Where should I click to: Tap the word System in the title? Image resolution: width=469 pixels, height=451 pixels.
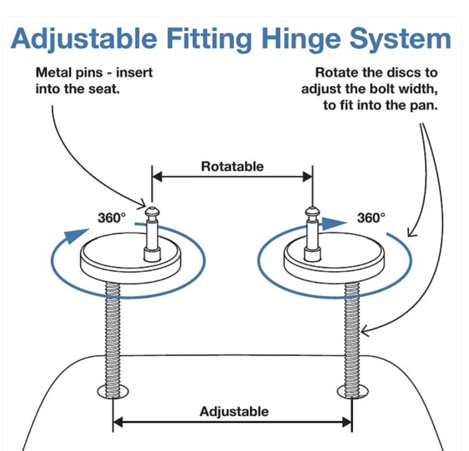pos(400,38)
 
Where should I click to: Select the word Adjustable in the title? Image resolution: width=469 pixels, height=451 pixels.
pos(84,39)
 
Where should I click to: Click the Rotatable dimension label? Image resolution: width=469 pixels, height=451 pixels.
pos(232,166)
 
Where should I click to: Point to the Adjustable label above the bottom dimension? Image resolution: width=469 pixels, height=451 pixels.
pos(234,411)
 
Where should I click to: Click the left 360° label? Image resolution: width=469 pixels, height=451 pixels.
pos(112,218)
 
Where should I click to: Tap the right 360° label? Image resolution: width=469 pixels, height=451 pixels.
pos(371,218)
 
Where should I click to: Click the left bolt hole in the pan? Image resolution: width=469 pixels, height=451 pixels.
pos(113,391)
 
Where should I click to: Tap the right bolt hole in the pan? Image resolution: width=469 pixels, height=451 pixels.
pos(353,391)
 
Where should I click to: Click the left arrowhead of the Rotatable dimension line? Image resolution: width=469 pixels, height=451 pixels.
pos(157,177)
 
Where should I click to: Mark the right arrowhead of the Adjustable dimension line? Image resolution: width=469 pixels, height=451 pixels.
pos(347,422)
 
